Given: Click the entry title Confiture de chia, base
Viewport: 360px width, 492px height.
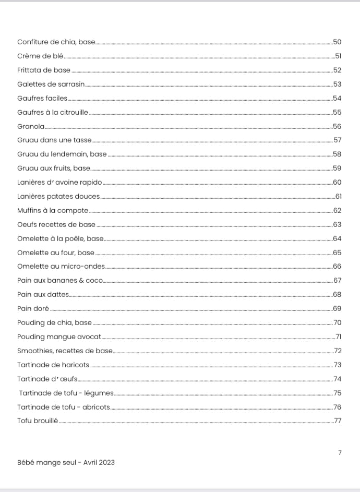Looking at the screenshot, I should [56, 42].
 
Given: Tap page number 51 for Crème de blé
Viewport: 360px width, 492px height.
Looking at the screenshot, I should [338, 56].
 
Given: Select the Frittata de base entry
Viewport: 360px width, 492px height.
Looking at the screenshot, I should [44, 70].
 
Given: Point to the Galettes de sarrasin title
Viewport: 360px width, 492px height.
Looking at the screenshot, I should [51, 84].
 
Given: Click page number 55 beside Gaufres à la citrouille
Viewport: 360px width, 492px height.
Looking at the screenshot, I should [337, 112].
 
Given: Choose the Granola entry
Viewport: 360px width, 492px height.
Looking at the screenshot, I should [31, 126].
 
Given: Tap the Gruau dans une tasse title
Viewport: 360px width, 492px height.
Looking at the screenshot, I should [54, 140].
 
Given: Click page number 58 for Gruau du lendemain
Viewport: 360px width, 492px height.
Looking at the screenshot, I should [337, 154].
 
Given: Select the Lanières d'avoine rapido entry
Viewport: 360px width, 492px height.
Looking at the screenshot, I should [59, 182].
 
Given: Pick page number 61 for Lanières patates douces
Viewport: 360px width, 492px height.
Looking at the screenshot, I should [338, 196].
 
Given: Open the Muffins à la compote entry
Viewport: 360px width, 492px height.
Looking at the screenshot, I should [53, 210].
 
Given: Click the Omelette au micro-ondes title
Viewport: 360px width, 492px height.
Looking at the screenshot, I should [61, 267].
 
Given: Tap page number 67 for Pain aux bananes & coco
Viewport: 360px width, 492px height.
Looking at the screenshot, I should [337, 281].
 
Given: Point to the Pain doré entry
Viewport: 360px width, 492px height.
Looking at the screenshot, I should [33, 308].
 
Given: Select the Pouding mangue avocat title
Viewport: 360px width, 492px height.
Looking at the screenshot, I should [59, 337].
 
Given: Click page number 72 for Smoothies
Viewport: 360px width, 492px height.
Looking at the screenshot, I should [338, 351].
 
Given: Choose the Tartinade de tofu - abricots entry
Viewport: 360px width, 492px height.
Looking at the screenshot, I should [63, 407].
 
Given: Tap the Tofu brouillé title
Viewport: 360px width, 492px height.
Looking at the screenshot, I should [38, 421].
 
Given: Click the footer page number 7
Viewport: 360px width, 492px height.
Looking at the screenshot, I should [340, 452].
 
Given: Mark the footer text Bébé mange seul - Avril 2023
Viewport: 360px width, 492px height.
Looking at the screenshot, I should [66, 462].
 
